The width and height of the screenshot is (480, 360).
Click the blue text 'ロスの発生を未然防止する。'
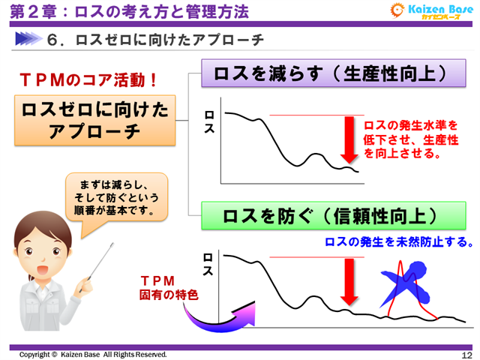398,241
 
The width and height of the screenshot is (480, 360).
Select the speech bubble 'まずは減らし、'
114,196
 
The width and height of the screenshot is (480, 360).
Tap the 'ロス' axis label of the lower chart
209,265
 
